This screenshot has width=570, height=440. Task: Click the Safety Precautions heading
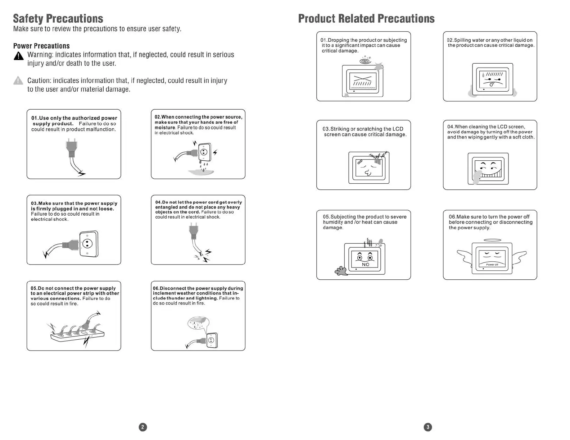click(58, 19)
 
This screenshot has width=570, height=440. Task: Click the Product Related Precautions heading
click(366, 19)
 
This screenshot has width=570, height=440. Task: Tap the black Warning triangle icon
click(18, 56)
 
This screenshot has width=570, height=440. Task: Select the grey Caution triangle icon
click(18, 81)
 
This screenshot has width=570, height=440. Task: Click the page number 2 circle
click(143, 427)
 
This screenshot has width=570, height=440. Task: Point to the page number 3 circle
click(427, 427)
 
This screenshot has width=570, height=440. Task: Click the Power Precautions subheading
click(41, 46)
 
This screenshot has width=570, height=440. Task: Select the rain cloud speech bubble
click(198, 324)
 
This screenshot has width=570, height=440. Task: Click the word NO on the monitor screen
click(365, 265)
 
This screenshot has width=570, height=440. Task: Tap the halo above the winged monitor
click(492, 240)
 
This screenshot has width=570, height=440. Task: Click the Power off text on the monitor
click(492, 265)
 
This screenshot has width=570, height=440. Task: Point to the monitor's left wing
click(465, 257)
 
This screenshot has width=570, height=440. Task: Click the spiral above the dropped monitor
click(365, 61)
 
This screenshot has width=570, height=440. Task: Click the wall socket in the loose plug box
click(88, 244)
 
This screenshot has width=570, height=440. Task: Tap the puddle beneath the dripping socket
click(201, 172)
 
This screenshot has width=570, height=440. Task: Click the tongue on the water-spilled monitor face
click(492, 85)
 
